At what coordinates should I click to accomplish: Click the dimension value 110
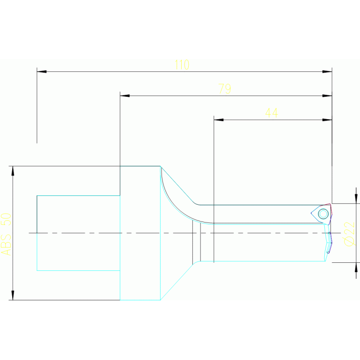point(182,65)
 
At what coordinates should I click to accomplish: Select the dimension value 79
point(225,89)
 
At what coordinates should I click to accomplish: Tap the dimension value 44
point(271,113)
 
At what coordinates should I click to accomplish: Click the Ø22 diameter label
point(348,233)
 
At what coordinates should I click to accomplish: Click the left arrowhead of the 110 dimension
point(41,72)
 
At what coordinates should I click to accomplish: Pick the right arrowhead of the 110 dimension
point(327,72)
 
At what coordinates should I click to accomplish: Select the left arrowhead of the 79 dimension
point(124,96)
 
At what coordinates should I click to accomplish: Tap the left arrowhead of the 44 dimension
point(218,120)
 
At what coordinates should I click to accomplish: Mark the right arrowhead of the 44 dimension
point(327,120)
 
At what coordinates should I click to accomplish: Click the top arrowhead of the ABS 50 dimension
point(13,171)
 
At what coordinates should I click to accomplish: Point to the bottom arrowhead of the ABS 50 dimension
point(13,295)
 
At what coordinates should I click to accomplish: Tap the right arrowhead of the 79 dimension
point(327,96)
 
